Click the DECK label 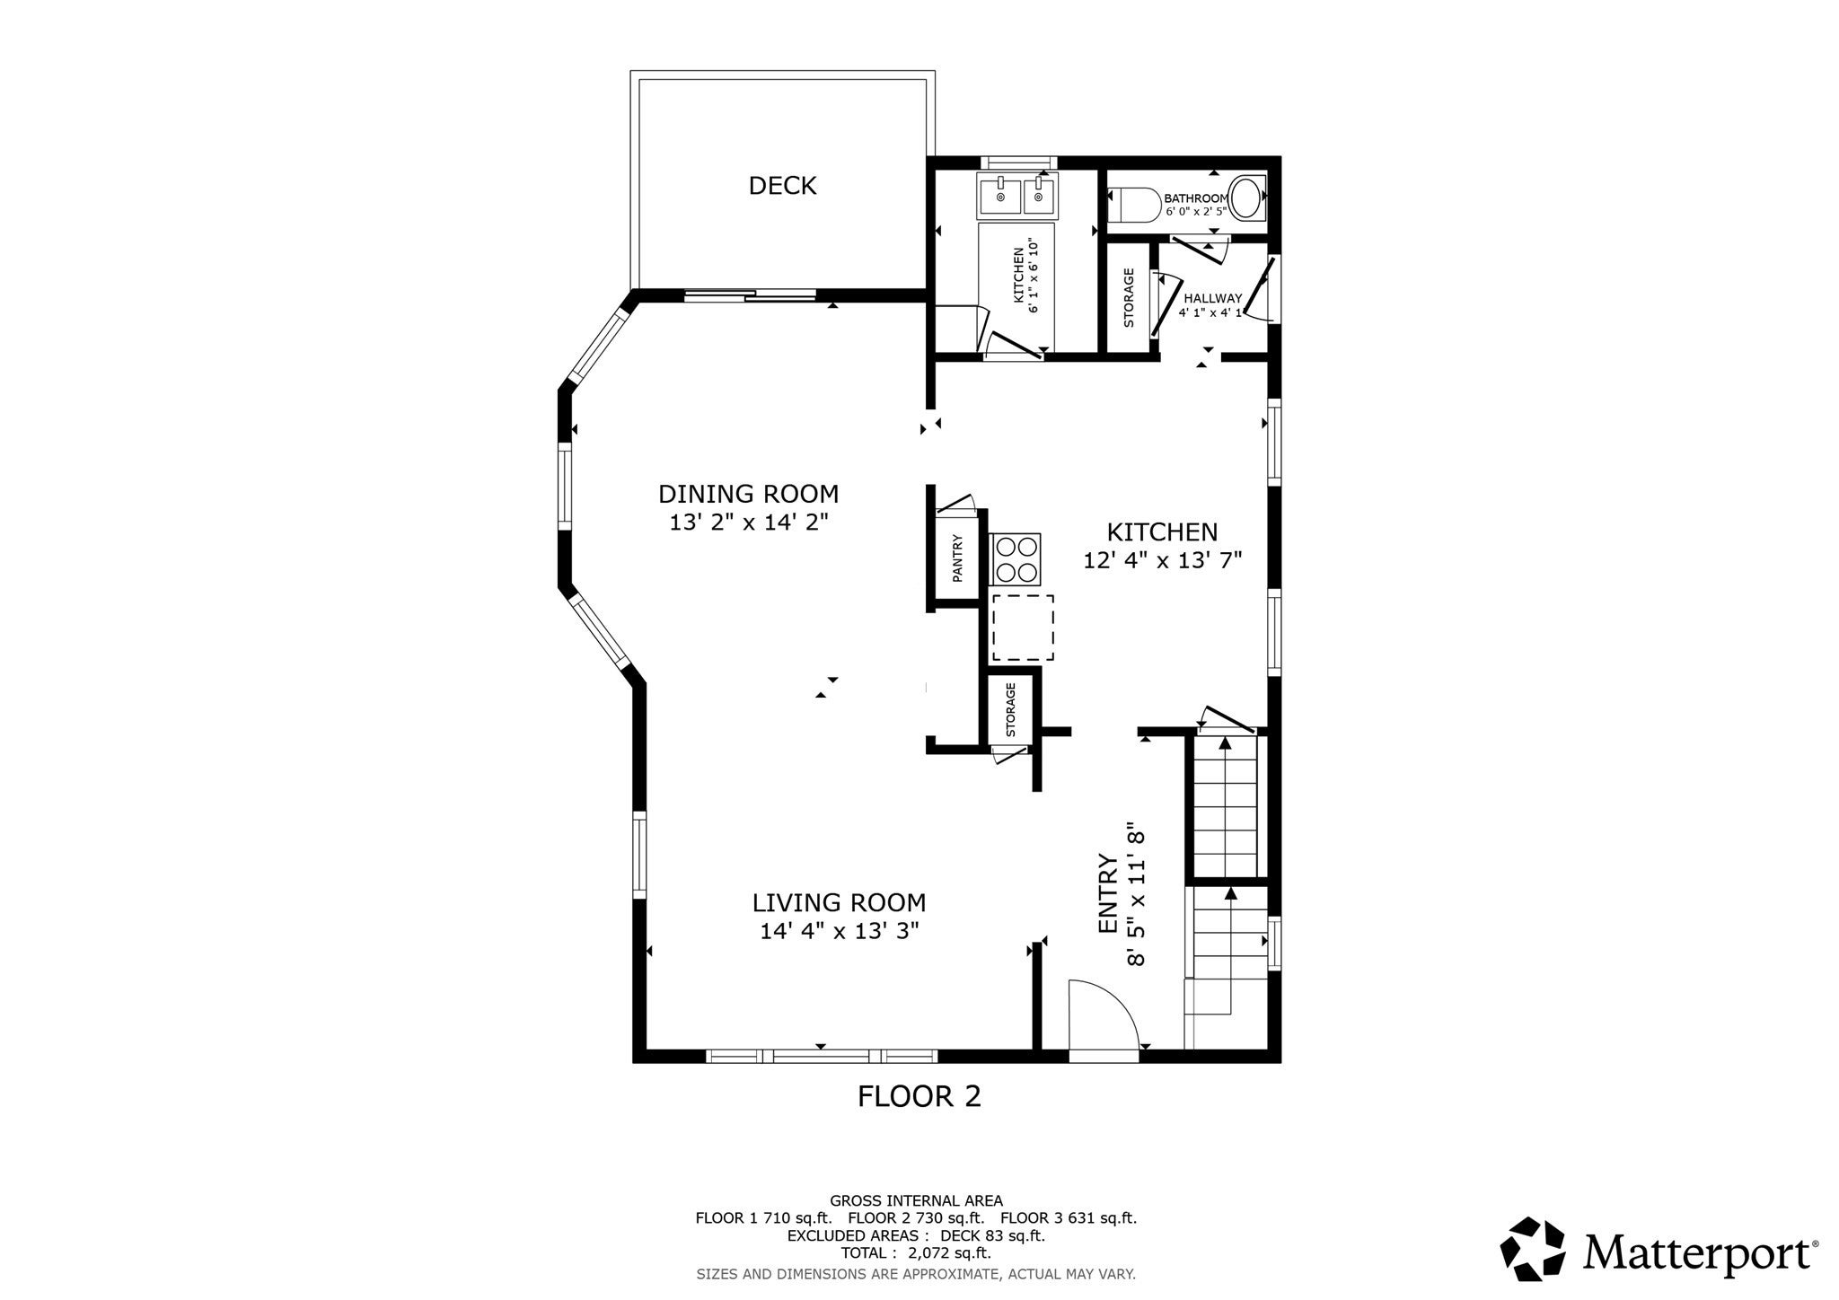[x=782, y=186]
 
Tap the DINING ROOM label [x=748, y=494]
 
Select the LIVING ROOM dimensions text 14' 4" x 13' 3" [x=840, y=931]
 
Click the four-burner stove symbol [x=1016, y=559]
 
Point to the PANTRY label [x=957, y=558]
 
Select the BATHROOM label [x=1195, y=198]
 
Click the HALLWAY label [x=1212, y=298]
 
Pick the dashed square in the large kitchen [x=1023, y=628]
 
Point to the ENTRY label [x=1109, y=894]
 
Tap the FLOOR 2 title [x=919, y=1096]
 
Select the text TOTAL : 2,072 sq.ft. [x=916, y=1252]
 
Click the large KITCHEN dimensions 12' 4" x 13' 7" [x=1162, y=560]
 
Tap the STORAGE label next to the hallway [x=1129, y=297]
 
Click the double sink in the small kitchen [x=1018, y=196]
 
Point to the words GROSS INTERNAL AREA [x=916, y=1200]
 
